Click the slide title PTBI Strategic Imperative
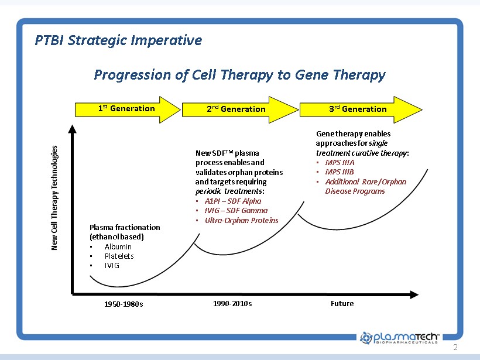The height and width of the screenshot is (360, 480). [x=118, y=40]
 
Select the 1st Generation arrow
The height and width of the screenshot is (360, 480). [x=126, y=109]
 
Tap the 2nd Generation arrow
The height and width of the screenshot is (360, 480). [x=236, y=109]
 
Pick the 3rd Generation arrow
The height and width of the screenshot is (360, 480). [x=358, y=109]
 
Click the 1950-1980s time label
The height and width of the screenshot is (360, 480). [x=124, y=304]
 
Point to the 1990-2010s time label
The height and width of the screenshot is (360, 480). [x=233, y=303]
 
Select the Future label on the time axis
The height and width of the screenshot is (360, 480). [x=342, y=303]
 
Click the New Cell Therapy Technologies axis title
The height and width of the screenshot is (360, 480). [x=55, y=198]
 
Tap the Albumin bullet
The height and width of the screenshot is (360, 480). [x=118, y=246]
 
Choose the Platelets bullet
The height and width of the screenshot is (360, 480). [x=119, y=256]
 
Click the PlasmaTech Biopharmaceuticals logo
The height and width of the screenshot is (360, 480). [x=400, y=337]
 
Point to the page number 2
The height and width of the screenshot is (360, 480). [x=455, y=348]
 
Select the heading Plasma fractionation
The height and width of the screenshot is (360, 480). [x=124, y=227]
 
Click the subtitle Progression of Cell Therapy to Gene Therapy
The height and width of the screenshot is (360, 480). [x=239, y=75]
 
